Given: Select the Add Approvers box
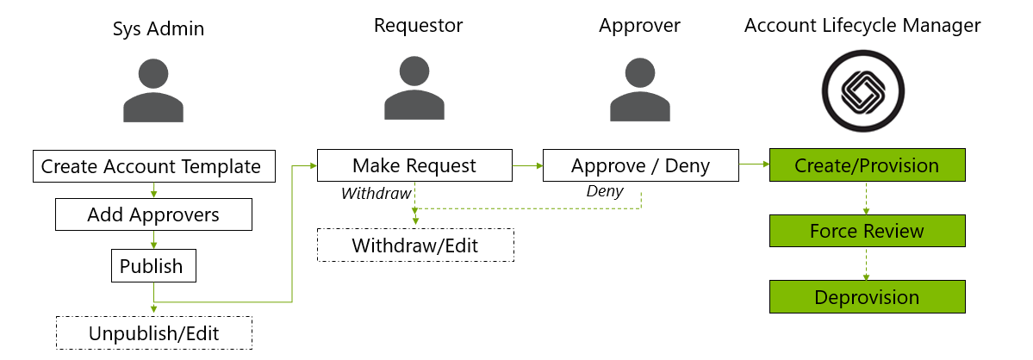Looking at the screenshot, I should [153, 214].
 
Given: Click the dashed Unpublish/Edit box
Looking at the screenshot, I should [153, 332].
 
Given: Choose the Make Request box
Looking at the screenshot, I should [414, 165].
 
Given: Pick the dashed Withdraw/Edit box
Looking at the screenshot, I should [414, 245].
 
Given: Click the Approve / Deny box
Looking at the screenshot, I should [640, 165].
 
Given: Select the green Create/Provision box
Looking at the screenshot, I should [867, 165].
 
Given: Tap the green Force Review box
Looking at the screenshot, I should [867, 231].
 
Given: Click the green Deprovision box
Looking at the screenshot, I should [867, 297].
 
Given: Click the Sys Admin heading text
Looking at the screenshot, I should [159, 28].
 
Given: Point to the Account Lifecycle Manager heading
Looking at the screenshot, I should [862, 26].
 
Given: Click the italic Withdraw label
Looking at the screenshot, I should [376, 194].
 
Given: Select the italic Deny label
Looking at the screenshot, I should [605, 191].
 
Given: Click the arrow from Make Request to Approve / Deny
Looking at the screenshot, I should [527, 164].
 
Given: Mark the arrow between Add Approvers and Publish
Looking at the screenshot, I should [153, 239].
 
